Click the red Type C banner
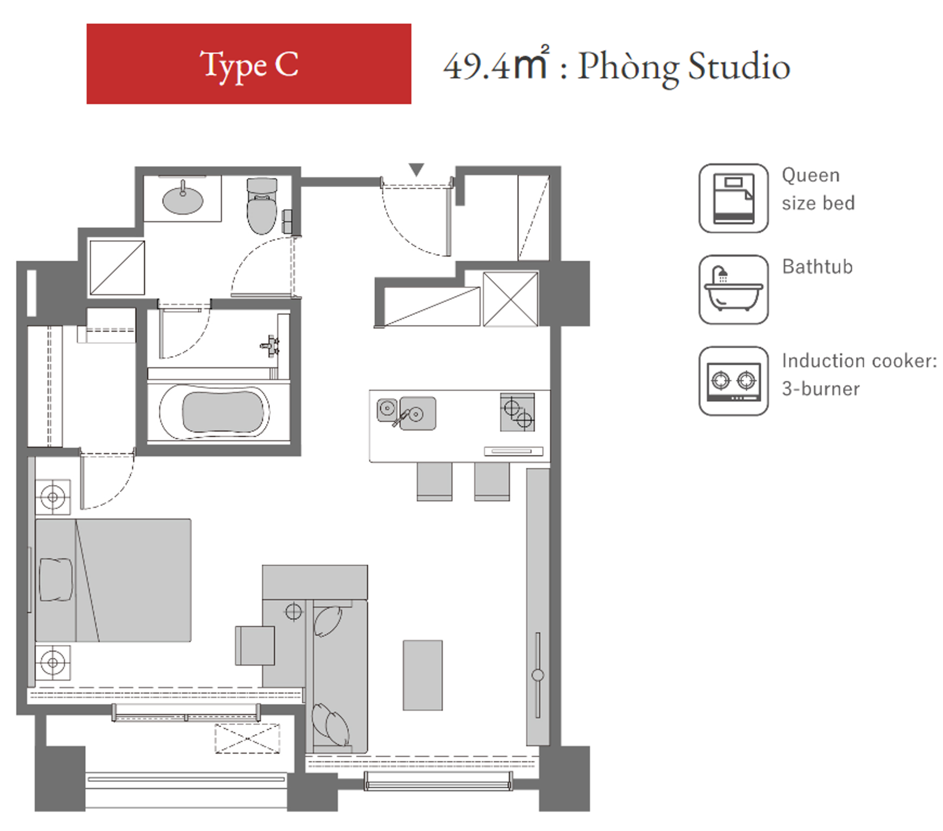pyautogui.click(x=249, y=64)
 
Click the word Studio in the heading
pyautogui.click(x=739, y=67)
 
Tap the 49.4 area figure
pyautogui.click(x=476, y=67)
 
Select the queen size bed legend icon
pyautogui.click(x=733, y=198)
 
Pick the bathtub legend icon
pyautogui.click(x=733, y=290)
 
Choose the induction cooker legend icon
pyautogui.click(x=733, y=381)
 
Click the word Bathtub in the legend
pyautogui.click(x=817, y=267)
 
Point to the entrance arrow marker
pyautogui.click(x=416, y=170)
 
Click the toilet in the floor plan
pyautogui.click(x=262, y=206)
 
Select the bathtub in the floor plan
pyautogui.click(x=215, y=411)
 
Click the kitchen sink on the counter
pyautogui.click(x=407, y=414)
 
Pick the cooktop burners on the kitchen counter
pyautogui.click(x=517, y=412)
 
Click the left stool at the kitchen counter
pyautogui.click(x=434, y=481)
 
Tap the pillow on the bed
pyautogui.click(x=56, y=580)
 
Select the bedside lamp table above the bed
pyautogui.click(x=52, y=497)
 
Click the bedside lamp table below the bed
pyautogui.click(x=52, y=662)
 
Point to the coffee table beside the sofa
pyautogui.click(x=423, y=675)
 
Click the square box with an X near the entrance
pyautogui.click(x=510, y=299)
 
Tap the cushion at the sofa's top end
pyautogui.click(x=327, y=622)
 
